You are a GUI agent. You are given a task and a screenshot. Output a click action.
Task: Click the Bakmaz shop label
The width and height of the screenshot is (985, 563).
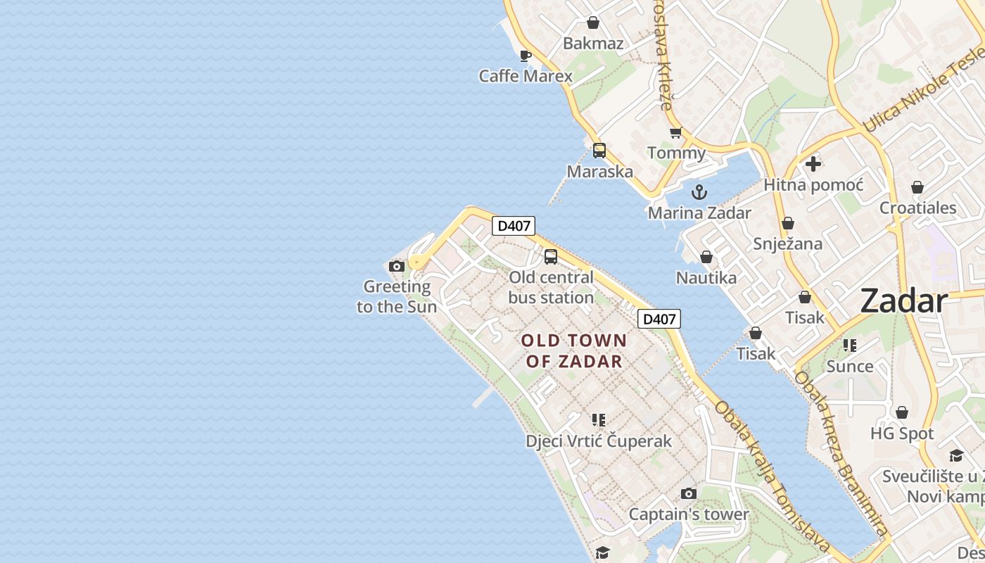coord(593,44)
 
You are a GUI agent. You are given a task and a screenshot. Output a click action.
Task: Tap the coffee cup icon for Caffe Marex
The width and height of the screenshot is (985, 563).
coord(525,55)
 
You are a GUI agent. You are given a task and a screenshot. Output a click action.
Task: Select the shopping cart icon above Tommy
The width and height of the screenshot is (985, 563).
coord(676,132)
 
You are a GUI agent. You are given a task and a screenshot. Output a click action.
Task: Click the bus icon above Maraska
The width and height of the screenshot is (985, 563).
coord(599,150)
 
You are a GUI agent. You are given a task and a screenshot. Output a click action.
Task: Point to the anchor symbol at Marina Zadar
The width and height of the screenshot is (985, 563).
coord(699,191)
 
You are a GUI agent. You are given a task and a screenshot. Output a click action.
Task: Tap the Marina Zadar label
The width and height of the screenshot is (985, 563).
coord(699,213)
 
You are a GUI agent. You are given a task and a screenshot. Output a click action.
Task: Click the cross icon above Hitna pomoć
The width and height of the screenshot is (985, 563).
coord(813,164)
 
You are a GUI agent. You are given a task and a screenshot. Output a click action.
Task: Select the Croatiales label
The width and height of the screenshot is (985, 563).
coord(917,208)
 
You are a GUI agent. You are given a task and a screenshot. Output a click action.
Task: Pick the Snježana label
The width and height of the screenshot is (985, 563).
coord(788,243)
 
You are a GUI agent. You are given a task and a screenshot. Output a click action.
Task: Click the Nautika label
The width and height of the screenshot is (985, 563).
coord(706,278)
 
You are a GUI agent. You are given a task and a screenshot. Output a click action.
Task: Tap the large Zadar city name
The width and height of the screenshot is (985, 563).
coord(904,301)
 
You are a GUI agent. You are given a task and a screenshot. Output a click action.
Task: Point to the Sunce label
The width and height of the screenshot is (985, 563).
coord(850,366)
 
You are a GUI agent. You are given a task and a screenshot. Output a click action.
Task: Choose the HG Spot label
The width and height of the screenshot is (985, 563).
coord(902,434)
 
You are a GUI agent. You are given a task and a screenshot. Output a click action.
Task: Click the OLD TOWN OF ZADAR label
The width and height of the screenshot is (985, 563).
coord(574,350)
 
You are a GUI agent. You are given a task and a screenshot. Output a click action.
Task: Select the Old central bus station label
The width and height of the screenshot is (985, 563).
coord(551,287)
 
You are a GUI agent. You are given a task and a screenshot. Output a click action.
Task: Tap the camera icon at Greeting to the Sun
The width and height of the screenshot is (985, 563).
coord(397,266)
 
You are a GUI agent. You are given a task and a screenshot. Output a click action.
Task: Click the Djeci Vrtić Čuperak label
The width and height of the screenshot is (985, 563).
coord(599,441)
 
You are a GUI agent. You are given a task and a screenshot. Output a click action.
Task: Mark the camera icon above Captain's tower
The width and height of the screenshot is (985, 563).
coord(689,494)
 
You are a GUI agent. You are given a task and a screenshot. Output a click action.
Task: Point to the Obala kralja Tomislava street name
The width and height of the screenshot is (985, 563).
coord(772,476)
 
